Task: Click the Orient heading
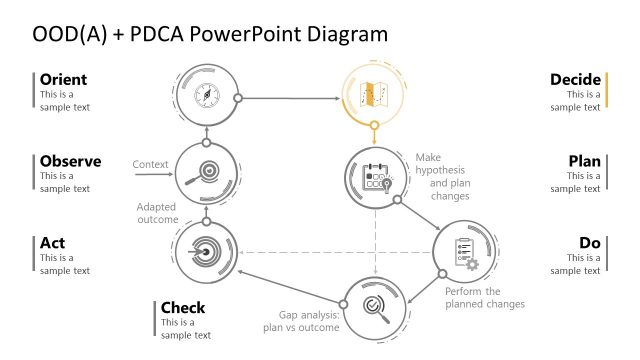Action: point(63,80)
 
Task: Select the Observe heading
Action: point(70,161)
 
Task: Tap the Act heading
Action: point(53,243)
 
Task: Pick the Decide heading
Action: point(575,80)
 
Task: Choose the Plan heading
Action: point(584,161)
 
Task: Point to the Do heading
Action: point(590,243)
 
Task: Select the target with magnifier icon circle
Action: point(206,171)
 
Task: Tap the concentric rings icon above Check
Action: point(205,251)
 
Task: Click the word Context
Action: point(149,164)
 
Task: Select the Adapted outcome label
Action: point(156,213)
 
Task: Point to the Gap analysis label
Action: point(303,320)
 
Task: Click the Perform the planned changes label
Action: point(485,297)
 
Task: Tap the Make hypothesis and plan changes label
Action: point(442,177)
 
